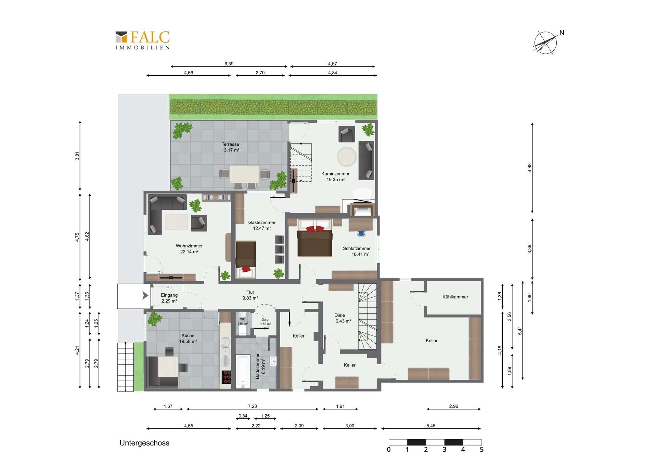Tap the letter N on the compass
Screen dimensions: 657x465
click(562, 33)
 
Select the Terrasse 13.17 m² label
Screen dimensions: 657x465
click(230, 147)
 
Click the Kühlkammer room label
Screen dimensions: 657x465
click(455, 297)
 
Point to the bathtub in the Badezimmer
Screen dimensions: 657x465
click(243, 372)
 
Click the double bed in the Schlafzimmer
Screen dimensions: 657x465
click(315, 238)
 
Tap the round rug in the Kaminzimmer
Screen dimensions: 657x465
click(347, 157)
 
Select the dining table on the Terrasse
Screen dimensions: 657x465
click(245, 174)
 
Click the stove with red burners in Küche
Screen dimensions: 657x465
click(227, 377)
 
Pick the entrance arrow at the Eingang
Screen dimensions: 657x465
click(145, 295)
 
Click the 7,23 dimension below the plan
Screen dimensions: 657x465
click(252, 406)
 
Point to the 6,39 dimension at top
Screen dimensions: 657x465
click(229, 64)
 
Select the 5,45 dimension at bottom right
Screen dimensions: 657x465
click(431, 426)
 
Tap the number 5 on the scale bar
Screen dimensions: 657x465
click(481, 450)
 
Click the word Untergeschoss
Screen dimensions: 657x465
click(144, 443)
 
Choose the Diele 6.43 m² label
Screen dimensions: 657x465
click(343, 318)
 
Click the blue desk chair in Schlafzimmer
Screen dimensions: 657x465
click(361, 234)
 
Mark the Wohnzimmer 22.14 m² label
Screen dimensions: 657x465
click(189, 249)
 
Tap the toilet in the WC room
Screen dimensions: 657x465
click(243, 330)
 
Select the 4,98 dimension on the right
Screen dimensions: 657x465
click(530, 168)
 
